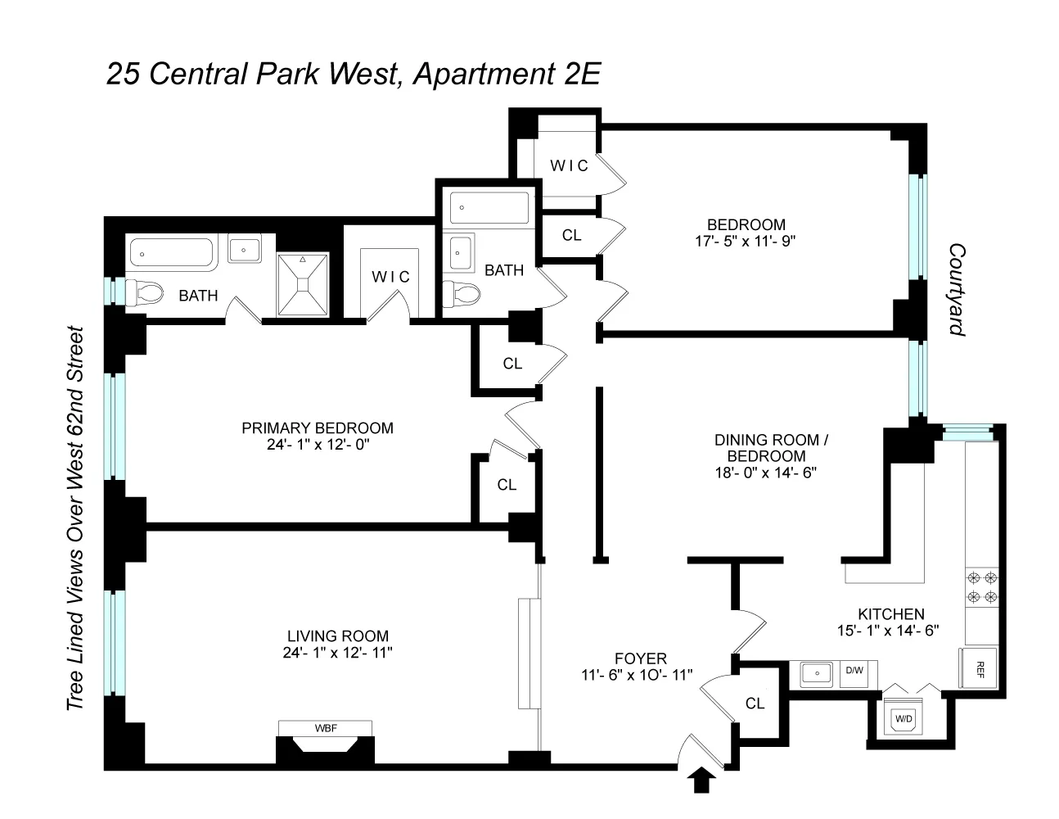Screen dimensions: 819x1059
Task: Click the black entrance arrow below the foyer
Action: [701, 781]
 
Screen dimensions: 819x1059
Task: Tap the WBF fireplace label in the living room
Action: [325, 728]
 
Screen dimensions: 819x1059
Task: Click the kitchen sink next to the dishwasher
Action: [813, 674]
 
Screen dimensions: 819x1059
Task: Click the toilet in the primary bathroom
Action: [146, 292]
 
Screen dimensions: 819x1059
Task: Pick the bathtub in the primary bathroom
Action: [171, 252]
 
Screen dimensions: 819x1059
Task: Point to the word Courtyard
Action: [956, 289]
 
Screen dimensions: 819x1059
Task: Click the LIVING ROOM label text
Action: [337, 636]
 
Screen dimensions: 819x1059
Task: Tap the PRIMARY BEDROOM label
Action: [317, 428]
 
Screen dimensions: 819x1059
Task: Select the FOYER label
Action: [641, 658]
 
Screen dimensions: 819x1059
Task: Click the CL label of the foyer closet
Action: [755, 703]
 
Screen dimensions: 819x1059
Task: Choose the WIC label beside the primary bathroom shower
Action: [390, 277]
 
